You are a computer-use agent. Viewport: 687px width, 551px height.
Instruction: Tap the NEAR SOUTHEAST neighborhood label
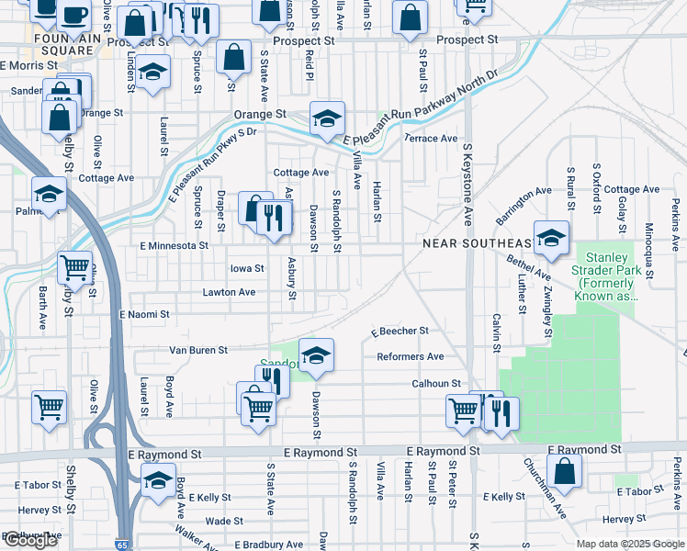(477, 243)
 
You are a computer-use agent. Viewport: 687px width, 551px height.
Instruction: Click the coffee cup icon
(74, 15)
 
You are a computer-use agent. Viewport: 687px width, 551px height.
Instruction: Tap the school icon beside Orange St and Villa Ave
(326, 119)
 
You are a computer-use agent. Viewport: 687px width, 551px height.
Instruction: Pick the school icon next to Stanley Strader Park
(551, 239)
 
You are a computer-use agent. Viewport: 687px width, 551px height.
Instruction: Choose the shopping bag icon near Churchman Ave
(565, 473)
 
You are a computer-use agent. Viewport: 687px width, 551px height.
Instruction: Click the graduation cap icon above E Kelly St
(158, 481)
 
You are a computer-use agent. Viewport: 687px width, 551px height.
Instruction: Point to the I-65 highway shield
(123, 545)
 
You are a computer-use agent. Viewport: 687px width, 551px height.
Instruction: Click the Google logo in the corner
(29, 540)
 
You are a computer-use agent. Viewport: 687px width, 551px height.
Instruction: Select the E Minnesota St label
(174, 246)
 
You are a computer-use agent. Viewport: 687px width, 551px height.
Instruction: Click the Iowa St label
(247, 269)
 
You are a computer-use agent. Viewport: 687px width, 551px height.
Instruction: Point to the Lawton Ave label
(229, 292)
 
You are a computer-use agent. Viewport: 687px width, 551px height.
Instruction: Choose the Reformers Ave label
(410, 356)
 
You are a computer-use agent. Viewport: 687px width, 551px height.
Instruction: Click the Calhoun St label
(435, 383)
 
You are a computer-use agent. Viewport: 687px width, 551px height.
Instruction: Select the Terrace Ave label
(432, 139)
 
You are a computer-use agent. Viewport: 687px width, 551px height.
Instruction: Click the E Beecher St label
(400, 331)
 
